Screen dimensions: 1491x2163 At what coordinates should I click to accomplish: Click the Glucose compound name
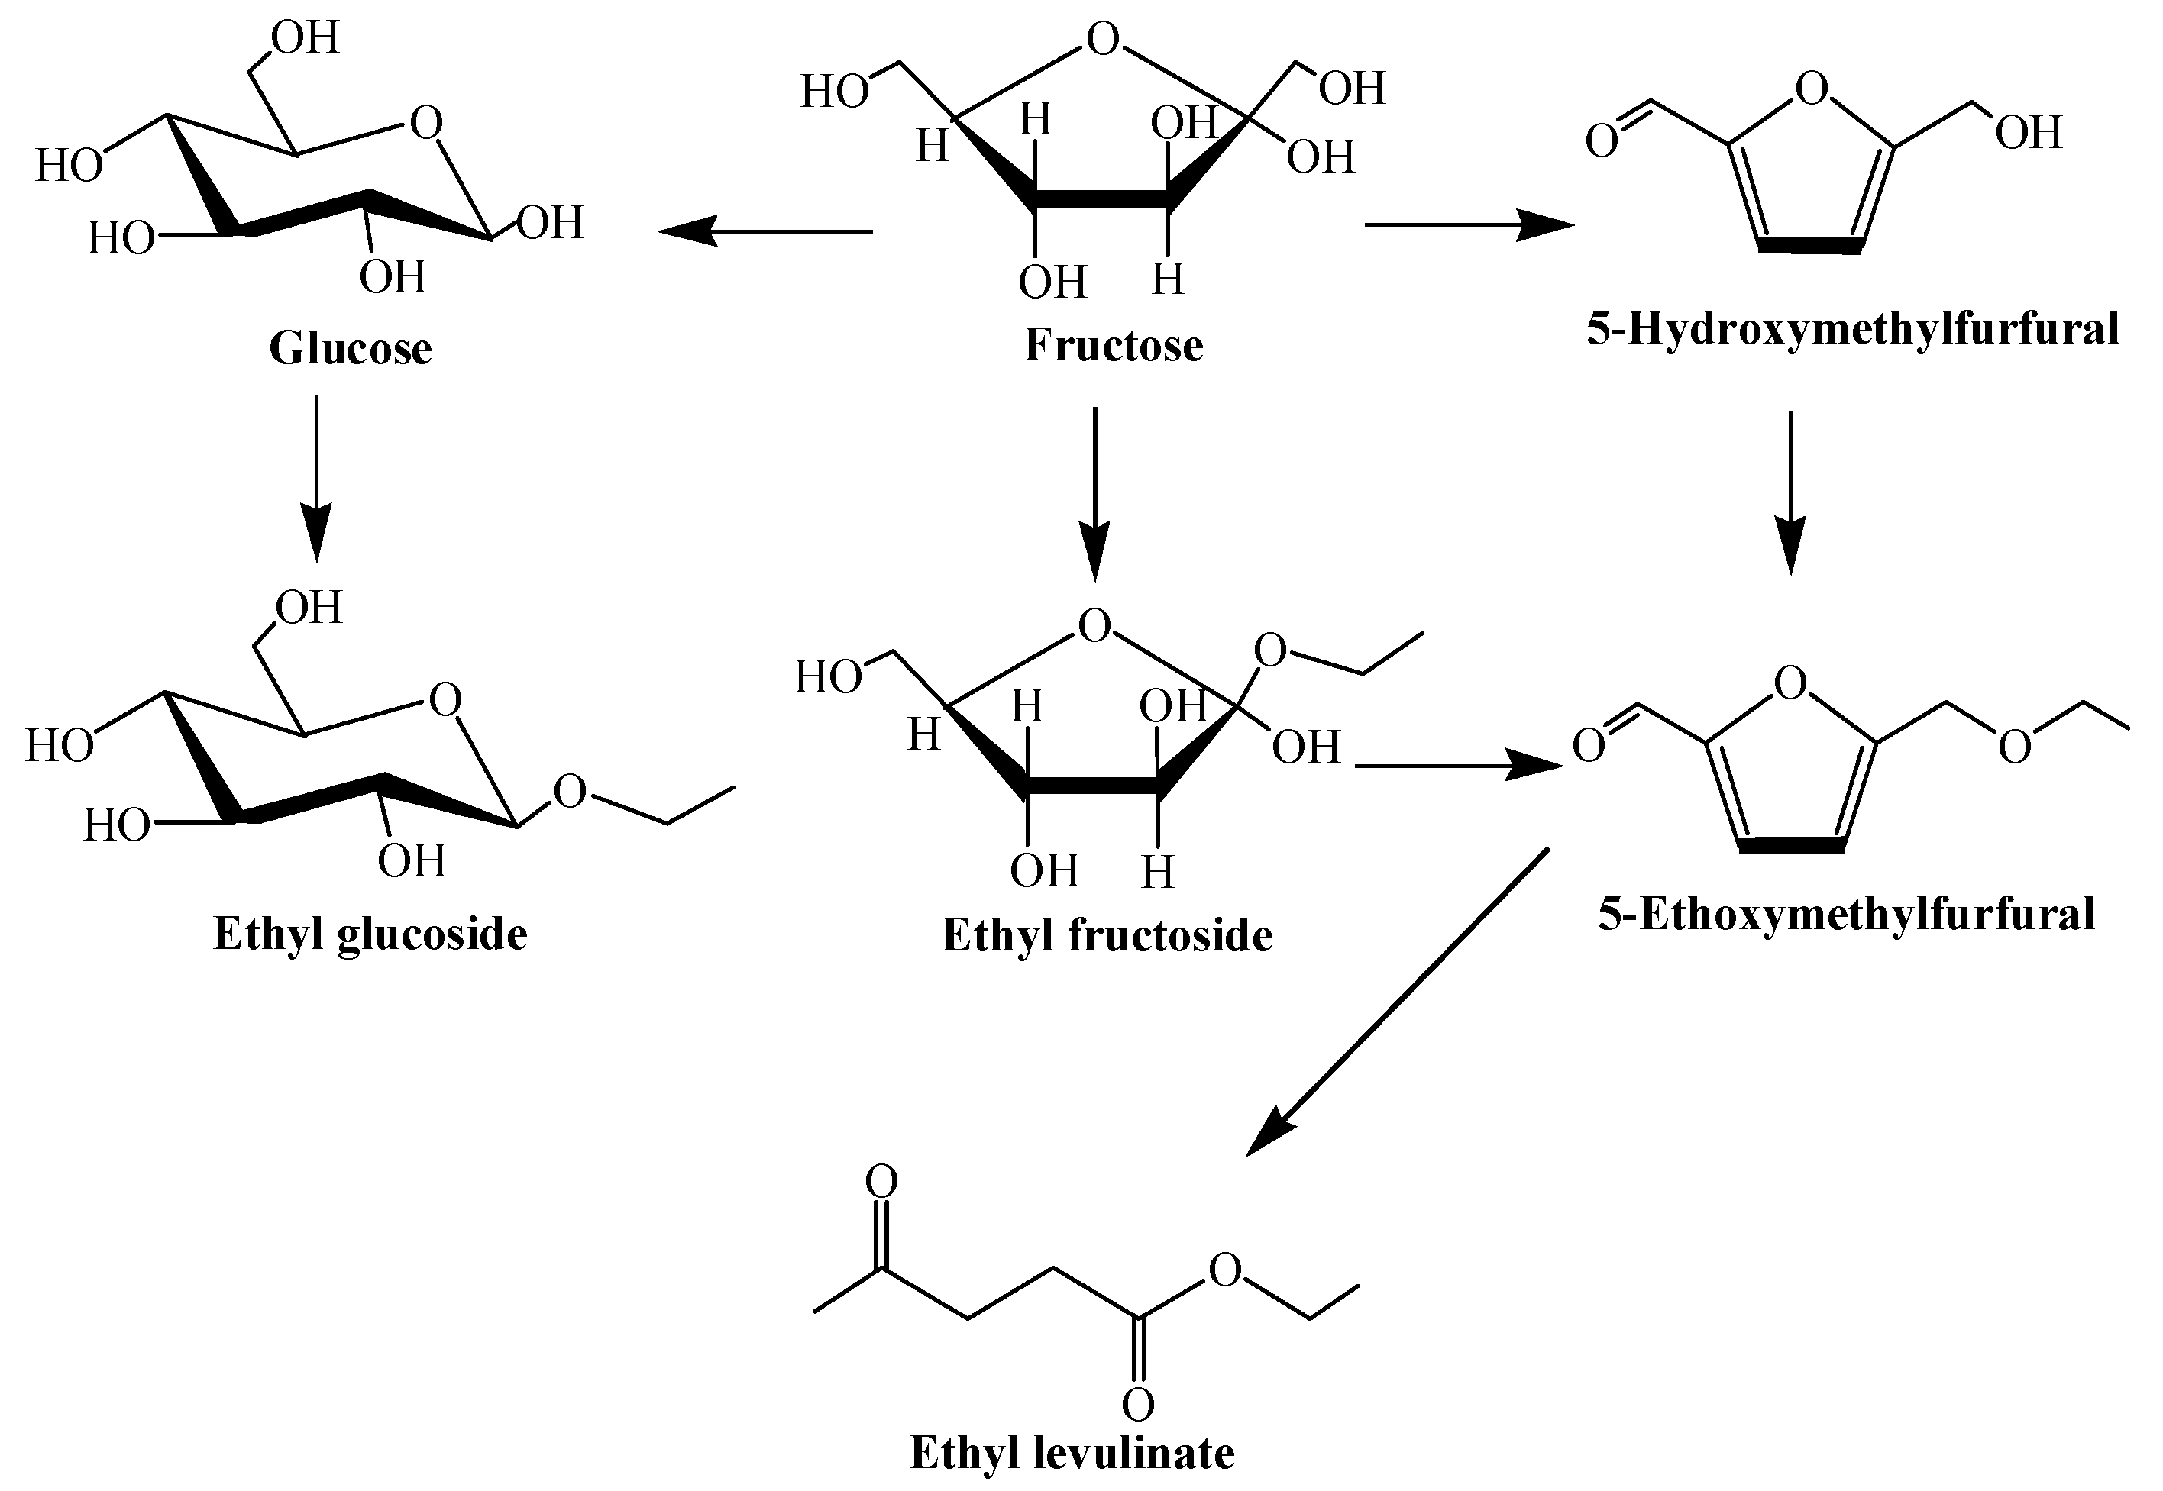[x=351, y=348]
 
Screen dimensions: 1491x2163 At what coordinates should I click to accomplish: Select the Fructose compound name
[x=1113, y=345]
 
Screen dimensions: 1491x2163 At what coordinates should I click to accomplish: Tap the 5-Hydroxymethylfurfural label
[x=1853, y=329]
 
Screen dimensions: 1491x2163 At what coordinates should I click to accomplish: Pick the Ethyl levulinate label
[x=1072, y=1453]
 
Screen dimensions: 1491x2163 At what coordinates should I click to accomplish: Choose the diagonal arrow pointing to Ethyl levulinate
[x=1398, y=1002]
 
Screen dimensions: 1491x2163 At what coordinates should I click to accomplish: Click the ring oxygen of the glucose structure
[x=426, y=122]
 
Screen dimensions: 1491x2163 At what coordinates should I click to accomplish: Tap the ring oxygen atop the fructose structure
[x=1103, y=40]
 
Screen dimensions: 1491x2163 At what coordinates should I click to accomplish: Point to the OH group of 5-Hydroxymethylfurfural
[x=2028, y=133]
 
